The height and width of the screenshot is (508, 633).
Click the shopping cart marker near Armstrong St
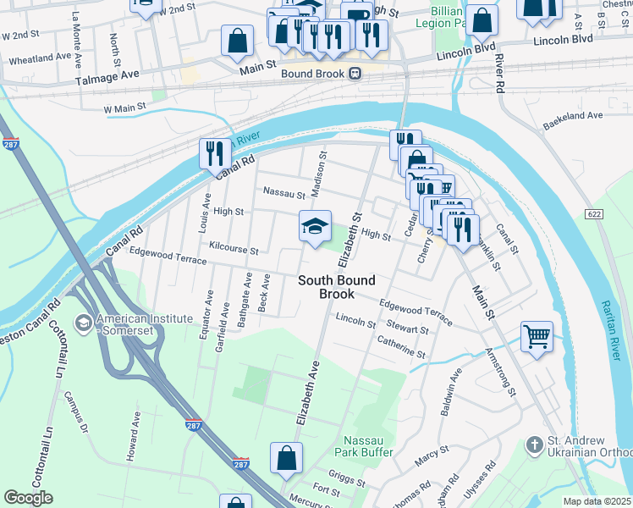click(536, 337)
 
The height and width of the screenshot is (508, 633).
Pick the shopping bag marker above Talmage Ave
click(238, 41)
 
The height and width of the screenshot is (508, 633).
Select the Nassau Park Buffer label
click(369, 446)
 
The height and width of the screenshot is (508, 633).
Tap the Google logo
click(28, 498)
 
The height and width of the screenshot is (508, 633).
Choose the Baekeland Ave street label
click(573, 120)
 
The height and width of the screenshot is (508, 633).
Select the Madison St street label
click(319, 174)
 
